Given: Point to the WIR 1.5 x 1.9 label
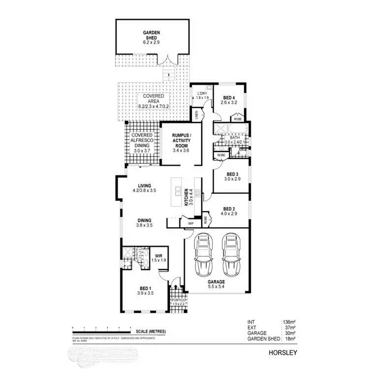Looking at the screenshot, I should (x=159, y=258).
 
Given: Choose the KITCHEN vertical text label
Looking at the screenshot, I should (x=186, y=197).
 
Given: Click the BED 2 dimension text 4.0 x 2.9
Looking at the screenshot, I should (x=230, y=214).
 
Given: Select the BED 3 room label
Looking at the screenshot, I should (x=232, y=174).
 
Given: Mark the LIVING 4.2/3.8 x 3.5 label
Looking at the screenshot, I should (x=144, y=187).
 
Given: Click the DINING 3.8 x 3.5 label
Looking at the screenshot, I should (x=144, y=223).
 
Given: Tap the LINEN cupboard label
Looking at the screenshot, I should (x=196, y=115).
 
